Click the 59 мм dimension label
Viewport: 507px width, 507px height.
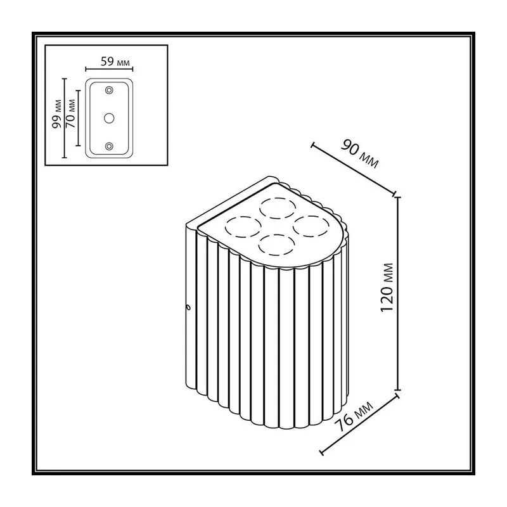pos(115,61)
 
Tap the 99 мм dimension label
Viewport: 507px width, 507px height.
pos(57,114)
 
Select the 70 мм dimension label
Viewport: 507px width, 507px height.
pos(70,113)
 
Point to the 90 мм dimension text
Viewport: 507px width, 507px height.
pos(359,153)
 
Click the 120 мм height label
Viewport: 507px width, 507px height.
pos(387,288)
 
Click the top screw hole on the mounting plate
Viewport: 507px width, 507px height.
pos(109,90)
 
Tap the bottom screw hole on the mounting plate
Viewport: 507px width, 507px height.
pos(109,146)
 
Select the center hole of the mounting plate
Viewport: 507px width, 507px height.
pos(109,119)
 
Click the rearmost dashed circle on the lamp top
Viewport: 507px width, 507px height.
pos(278,208)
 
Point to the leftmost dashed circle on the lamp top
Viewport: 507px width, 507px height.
pos(243,226)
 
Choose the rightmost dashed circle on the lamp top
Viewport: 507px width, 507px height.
pos(311,226)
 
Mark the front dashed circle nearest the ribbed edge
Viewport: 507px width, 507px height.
pos(276,245)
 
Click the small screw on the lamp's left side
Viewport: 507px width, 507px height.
pos(188,307)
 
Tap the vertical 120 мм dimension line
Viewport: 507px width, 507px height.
pos(398,293)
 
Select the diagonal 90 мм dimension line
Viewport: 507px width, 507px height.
pos(353,169)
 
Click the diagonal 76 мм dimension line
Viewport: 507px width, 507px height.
pos(359,424)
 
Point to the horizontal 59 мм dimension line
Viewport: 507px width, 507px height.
pos(109,69)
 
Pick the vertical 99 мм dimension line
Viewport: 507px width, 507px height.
pos(65,118)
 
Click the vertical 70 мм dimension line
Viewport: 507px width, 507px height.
pos(78,118)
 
